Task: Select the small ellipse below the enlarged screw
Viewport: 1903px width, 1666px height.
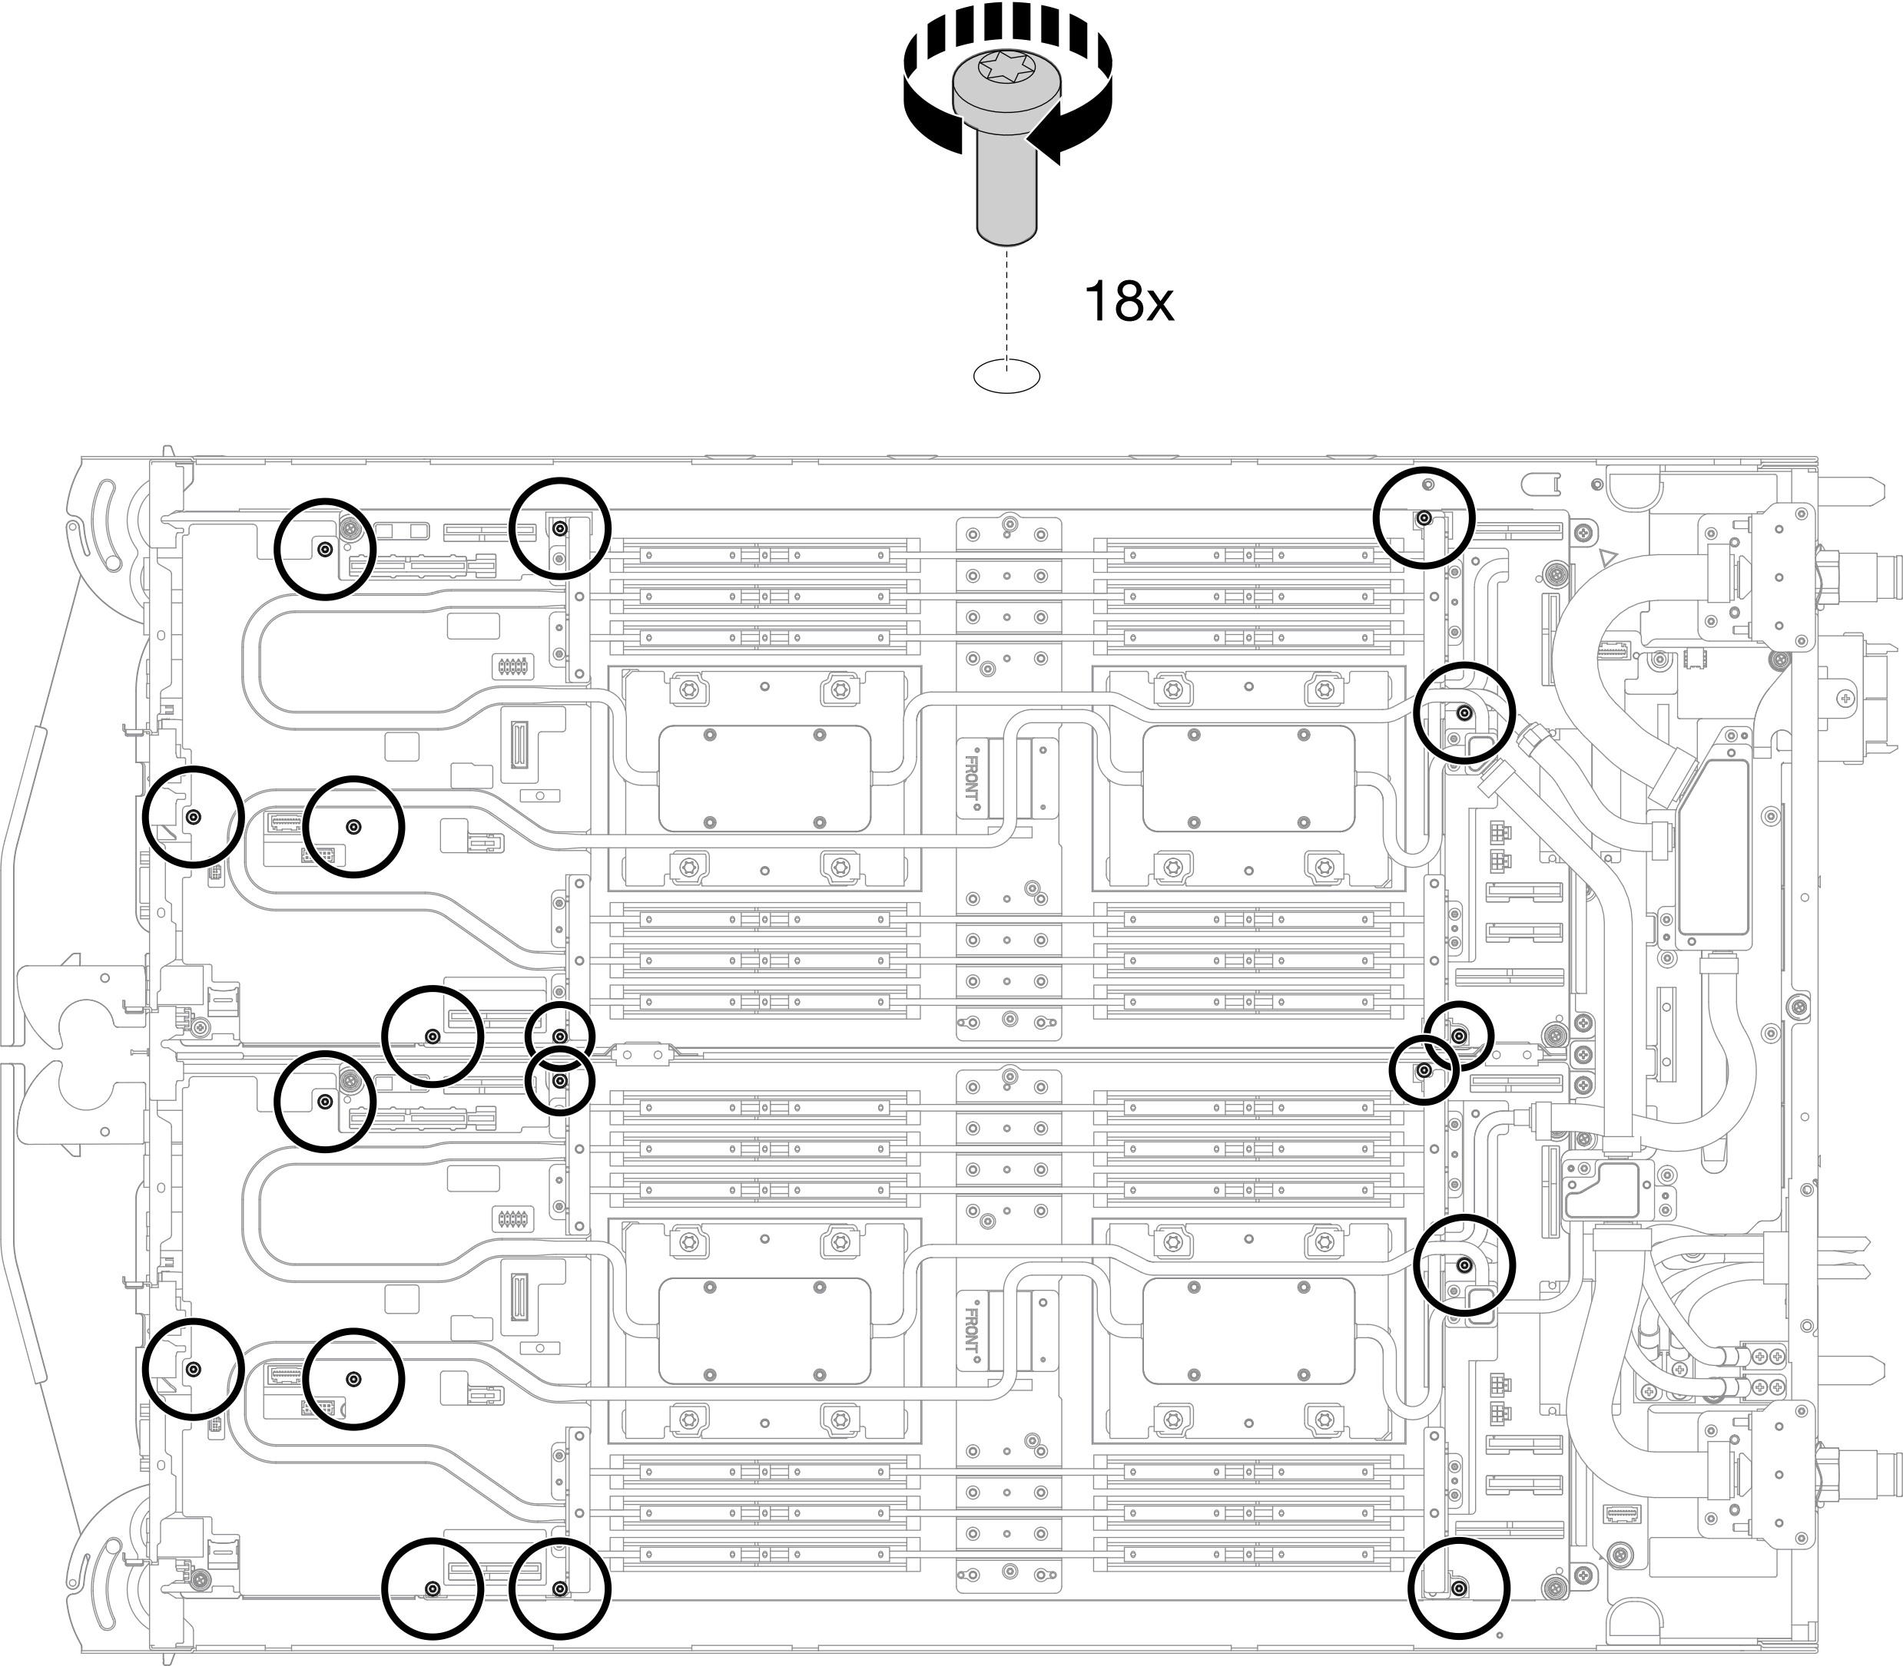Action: pyautogui.click(x=1006, y=375)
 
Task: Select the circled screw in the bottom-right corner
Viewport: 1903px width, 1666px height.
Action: pyautogui.click(x=1460, y=1587)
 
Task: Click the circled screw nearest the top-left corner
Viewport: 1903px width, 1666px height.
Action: pyautogui.click(x=325, y=550)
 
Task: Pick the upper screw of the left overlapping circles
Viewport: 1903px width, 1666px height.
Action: pyautogui.click(x=560, y=1036)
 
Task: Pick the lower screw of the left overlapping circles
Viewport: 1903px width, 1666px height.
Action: pyautogui.click(x=560, y=1080)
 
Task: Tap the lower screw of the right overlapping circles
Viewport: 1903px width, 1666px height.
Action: pyautogui.click(x=1423, y=1071)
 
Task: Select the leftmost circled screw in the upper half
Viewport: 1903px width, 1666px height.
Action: pyautogui.click(x=194, y=817)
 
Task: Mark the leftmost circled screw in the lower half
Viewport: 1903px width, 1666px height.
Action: pyautogui.click(x=194, y=1370)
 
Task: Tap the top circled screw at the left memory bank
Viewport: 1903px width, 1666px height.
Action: pyautogui.click(x=560, y=528)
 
